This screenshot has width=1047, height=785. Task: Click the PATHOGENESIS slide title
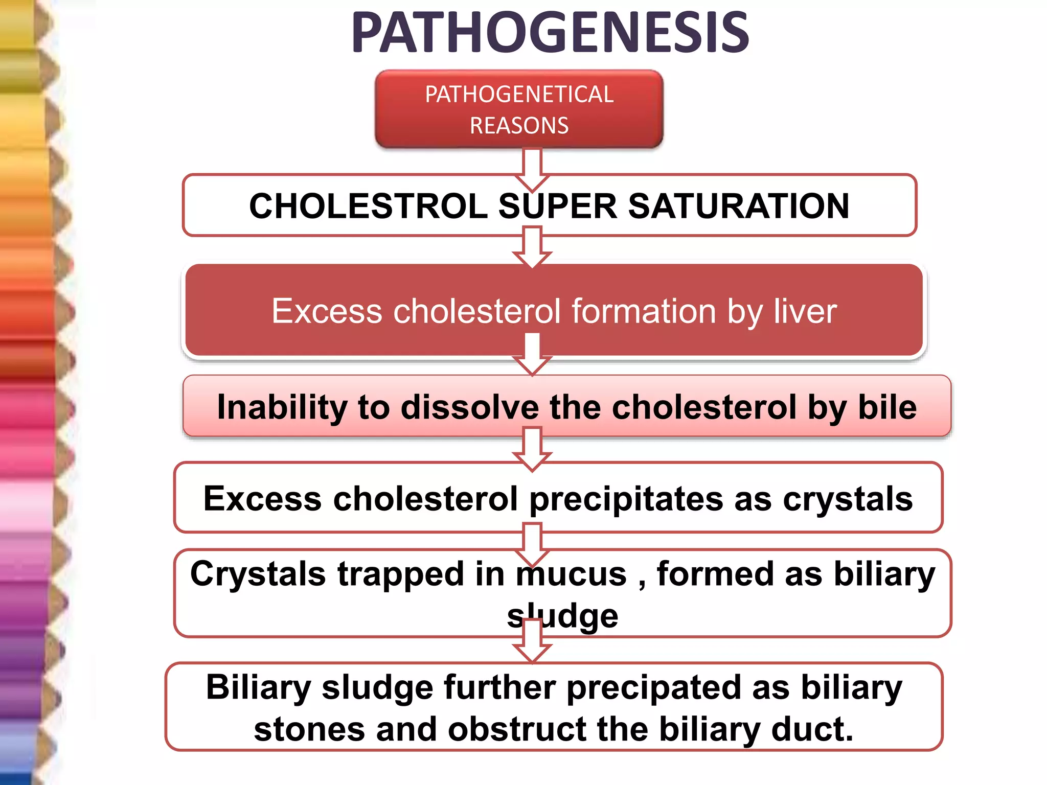click(x=550, y=33)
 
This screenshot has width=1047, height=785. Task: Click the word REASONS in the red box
click(x=519, y=126)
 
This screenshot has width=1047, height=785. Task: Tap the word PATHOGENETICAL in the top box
click(x=519, y=95)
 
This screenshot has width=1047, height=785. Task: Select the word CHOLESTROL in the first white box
click(x=368, y=206)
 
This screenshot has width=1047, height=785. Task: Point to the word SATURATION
click(x=738, y=206)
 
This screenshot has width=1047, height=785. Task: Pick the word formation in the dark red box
click(x=644, y=311)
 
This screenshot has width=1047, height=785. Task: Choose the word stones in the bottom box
click(x=309, y=729)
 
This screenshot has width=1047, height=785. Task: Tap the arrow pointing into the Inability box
click(x=532, y=355)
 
